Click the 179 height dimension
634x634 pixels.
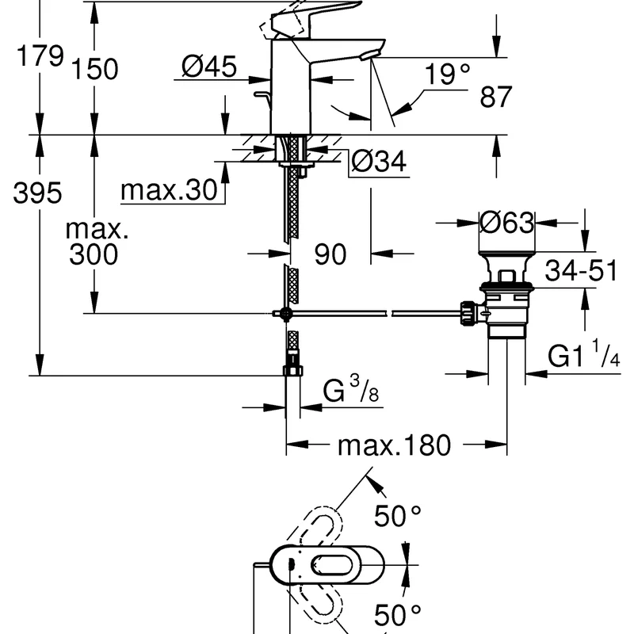[40, 55]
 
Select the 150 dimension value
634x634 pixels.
[94, 69]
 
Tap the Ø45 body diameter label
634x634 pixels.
[209, 67]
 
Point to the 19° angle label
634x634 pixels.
[447, 74]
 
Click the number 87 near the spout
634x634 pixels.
[496, 97]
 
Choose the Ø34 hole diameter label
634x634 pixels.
[379, 162]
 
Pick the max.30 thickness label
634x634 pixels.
[169, 189]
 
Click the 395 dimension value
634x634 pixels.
[37, 193]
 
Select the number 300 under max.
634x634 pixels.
[94, 254]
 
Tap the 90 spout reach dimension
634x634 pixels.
[330, 254]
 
